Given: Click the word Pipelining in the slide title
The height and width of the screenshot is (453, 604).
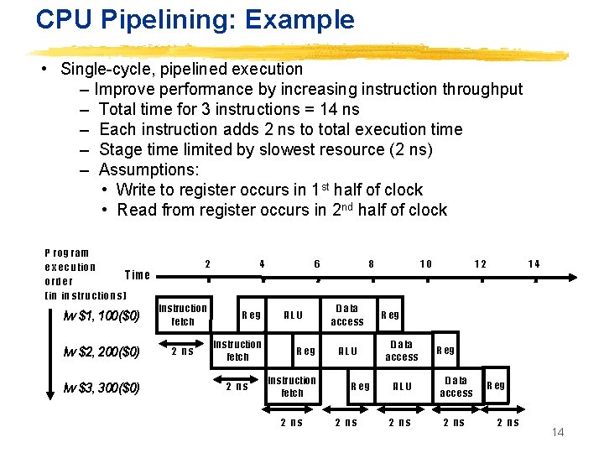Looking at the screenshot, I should click(x=159, y=18).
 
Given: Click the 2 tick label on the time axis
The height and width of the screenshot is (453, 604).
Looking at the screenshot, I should click(x=207, y=263).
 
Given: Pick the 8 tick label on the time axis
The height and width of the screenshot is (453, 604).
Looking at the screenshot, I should click(x=372, y=263).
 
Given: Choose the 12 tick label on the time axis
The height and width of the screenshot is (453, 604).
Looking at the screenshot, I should click(x=480, y=263).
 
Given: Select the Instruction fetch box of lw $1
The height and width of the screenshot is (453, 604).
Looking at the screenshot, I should click(x=183, y=315).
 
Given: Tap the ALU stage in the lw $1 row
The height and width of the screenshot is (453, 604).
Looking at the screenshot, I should click(x=294, y=315).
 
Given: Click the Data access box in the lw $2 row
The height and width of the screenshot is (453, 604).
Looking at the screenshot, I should click(x=402, y=351).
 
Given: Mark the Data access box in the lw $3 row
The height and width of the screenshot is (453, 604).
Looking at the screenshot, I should click(x=456, y=387).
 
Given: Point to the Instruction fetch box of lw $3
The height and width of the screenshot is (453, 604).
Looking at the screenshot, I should click(x=292, y=387).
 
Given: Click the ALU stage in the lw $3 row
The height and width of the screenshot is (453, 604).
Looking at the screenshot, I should click(x=403, y=387).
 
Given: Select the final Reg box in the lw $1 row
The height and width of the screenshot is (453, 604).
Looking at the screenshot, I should click(x=391, y=315).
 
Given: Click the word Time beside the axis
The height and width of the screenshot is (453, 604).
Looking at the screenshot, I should click(x=137, y=274).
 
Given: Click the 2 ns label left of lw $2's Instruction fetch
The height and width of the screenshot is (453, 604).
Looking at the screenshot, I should click(x=181, y=351).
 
